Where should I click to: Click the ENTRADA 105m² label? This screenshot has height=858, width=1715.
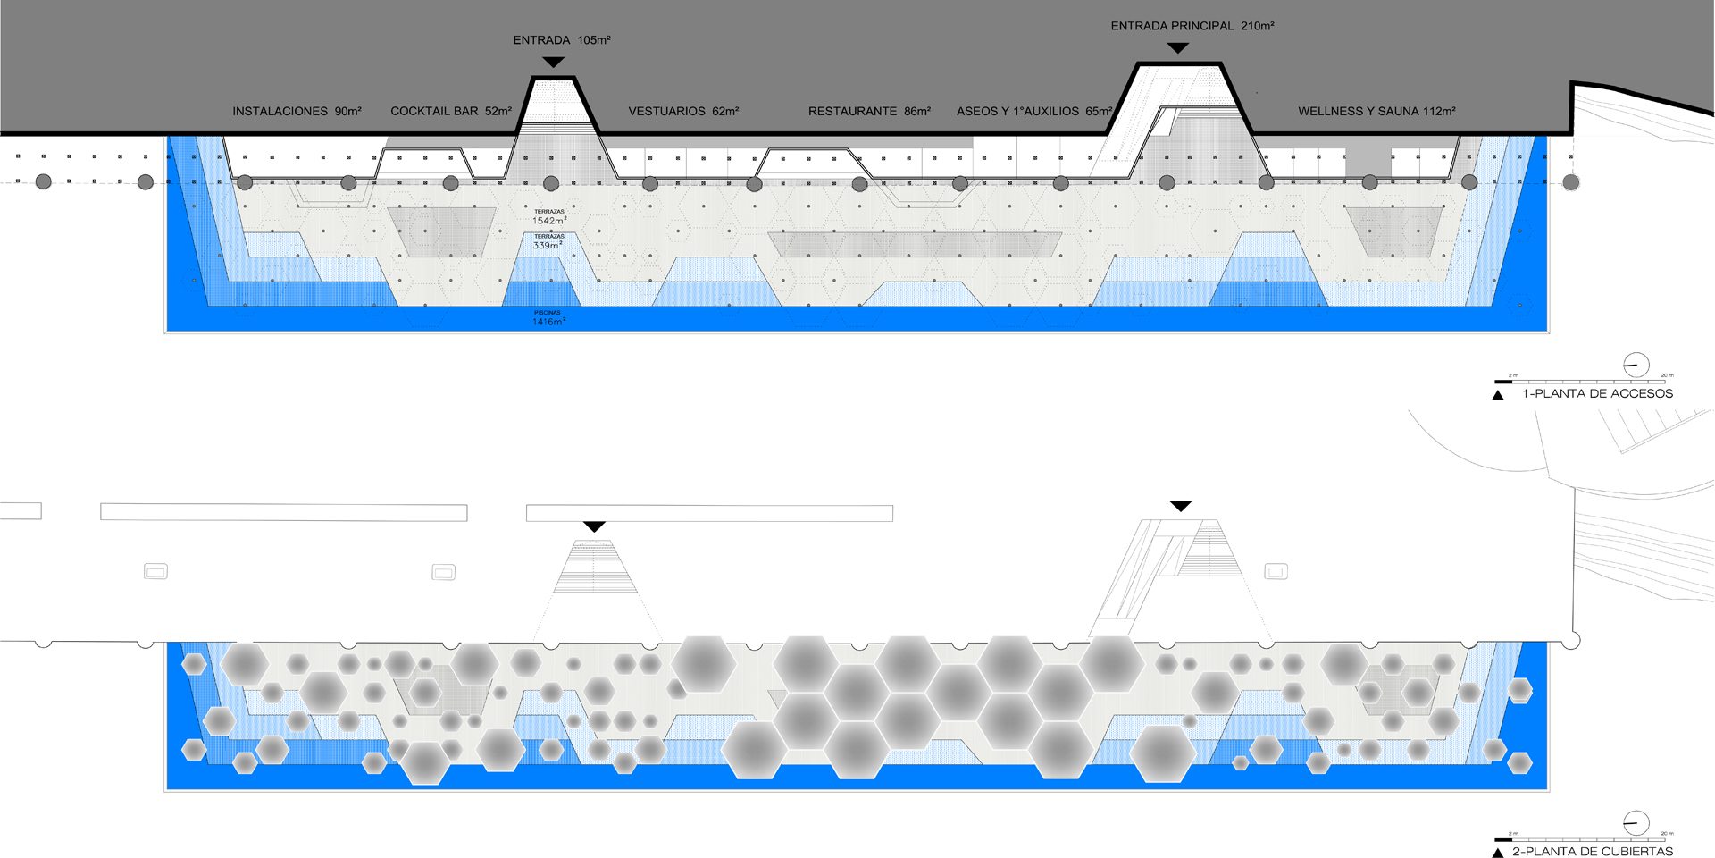(x=561, y=40)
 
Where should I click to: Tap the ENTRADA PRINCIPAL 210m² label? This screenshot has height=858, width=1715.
(x=1192, y=26)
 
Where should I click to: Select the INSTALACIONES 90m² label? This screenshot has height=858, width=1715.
(x=297, y=112)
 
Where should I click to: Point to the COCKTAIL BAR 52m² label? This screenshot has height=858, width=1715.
(x=450, y=112)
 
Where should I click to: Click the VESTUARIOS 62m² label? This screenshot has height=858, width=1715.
(x=683, y=112)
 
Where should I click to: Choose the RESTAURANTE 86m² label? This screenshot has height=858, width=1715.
(x=869, y=112)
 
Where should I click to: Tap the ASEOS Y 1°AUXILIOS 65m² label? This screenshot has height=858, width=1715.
(x=1033, y=112)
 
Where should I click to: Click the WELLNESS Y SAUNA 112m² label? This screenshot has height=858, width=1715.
(x=1376, y=112)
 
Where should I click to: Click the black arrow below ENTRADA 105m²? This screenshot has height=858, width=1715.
(x=554, y=62)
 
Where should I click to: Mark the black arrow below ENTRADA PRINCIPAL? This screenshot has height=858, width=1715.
(x=1178, y=47)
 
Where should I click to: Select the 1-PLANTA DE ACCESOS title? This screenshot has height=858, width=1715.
(x=1597, y=393)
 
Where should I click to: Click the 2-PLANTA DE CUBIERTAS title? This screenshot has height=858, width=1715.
(x=1592, y=852)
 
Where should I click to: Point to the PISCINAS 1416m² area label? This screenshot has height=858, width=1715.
(x=548, y=318)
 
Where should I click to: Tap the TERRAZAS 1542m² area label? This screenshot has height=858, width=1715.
(x=549, y=217)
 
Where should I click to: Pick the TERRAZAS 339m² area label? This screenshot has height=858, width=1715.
(x=548, y=241)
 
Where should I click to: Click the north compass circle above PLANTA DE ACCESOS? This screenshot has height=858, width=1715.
(x=1636, y=365)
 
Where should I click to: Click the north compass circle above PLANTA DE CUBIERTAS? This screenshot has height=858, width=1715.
(x=1636, y=823)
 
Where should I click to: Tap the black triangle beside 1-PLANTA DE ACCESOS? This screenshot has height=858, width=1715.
(x=1498, y=394)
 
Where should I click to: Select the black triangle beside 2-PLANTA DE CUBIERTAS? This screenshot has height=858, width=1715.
(x=1498, y=853)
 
